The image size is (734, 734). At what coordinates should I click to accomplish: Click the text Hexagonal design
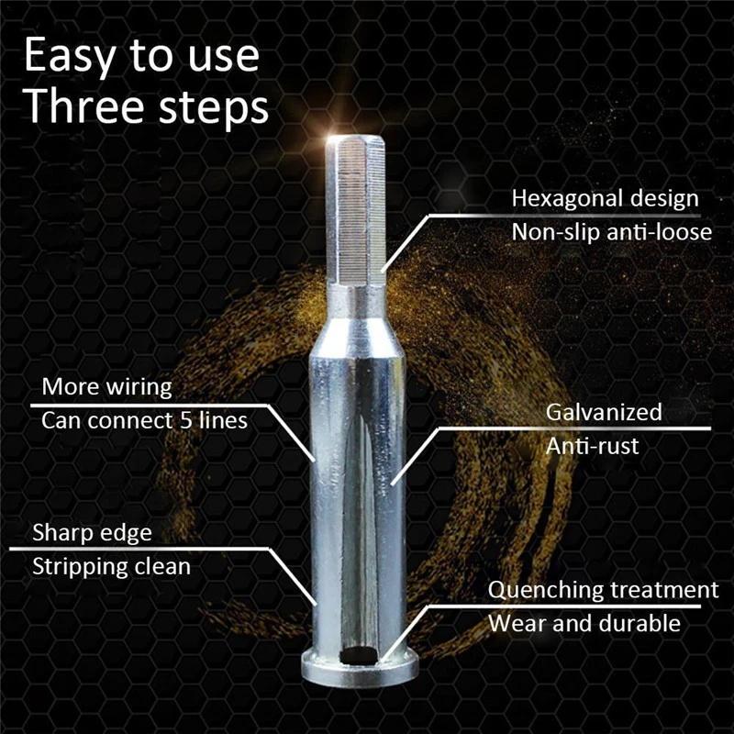pyautogui.click(x=605, y=198)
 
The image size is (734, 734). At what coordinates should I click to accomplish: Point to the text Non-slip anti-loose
pyautogui.click(x=611, y=232)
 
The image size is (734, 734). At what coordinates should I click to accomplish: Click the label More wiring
pyautogui.click(x=106, y=387)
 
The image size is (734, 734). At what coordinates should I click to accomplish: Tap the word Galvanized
pyautogui.click(x=604, y=412)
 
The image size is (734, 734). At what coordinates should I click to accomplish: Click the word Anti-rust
pyautogui.click(x=592, y=447)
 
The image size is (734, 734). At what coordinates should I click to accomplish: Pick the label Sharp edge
pyautogui.click(x=92, y=532)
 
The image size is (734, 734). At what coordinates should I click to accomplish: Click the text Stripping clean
pyautogui.click(x=111, y=566)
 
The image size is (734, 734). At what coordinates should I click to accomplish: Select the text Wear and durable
pyautogui.click(x=584, y=624)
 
